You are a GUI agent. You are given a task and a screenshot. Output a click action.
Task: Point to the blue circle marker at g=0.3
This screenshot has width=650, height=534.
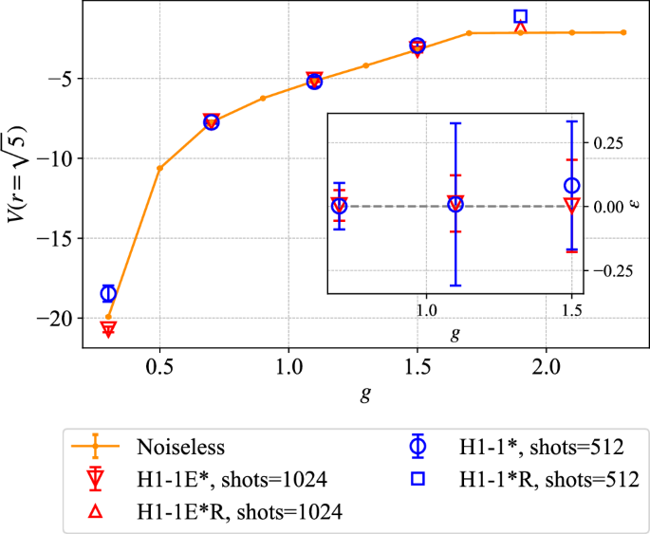click(108, 293)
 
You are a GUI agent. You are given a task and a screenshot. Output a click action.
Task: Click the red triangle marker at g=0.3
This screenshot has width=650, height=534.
click(108, 329)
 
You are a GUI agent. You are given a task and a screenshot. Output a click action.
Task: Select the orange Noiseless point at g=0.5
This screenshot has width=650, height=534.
click(159, 168)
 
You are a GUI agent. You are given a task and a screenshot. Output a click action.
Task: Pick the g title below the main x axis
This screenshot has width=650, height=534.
click(365, 394)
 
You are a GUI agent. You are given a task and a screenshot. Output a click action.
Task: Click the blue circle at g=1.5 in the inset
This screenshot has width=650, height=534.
click(571, 186)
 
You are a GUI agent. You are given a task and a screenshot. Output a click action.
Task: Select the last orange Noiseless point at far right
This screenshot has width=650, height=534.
click(622, 32)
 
